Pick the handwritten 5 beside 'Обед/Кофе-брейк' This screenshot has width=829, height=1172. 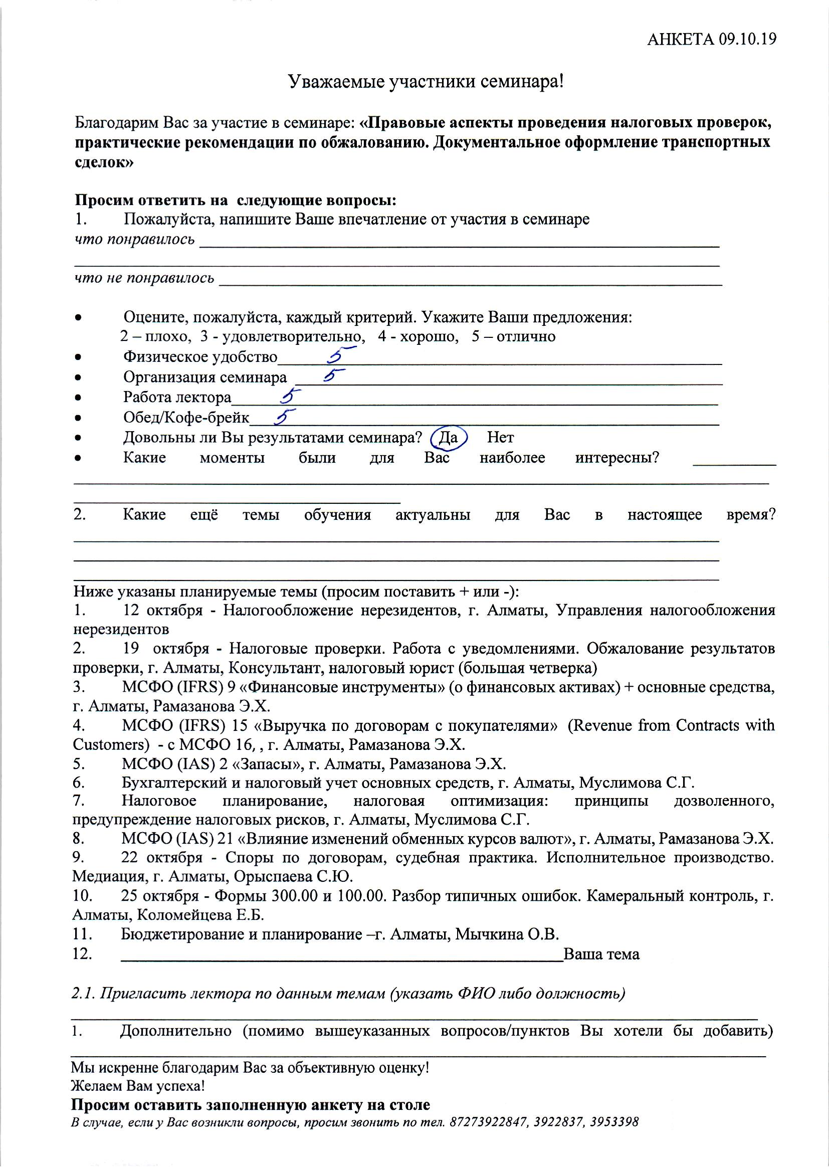point(285,417)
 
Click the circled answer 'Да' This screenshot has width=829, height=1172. point(448,438)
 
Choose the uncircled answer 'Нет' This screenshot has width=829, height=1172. point(500,438)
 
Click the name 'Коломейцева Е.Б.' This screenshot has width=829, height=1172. point(201,915)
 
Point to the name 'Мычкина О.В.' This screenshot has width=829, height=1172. point(507,934)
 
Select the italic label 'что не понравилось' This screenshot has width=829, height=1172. point(144,278)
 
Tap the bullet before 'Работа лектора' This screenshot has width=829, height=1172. point(78,397)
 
